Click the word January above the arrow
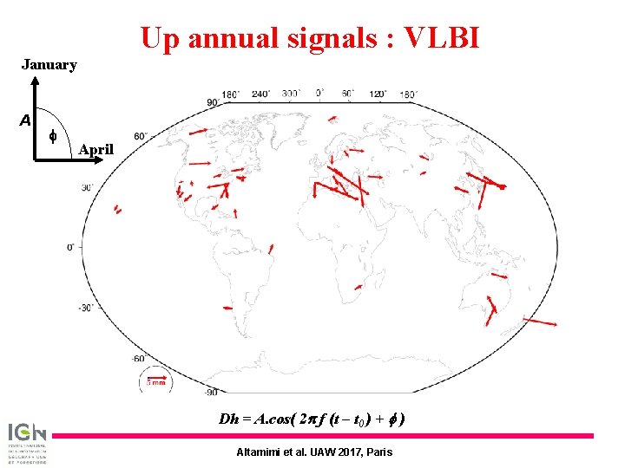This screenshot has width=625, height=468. [x=49, y=64]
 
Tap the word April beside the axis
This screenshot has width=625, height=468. [x=95, y=149]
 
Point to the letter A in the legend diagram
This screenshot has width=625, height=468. [x=25, y=120]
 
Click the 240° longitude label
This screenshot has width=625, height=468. [x=260, y=94]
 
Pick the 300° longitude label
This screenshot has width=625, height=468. [x=291, y=94]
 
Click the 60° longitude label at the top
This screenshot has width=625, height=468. [x=348, y=94]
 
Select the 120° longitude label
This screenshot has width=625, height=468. [x=378, y=94]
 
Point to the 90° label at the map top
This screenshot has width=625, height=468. [x=212, y=103]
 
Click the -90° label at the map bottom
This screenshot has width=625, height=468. [x=210, y=393]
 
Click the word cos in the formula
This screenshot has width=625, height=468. [x=273, y=419]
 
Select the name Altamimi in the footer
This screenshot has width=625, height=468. [x=261, y=452]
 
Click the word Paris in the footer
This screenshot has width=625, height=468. [x=378, y=452]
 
